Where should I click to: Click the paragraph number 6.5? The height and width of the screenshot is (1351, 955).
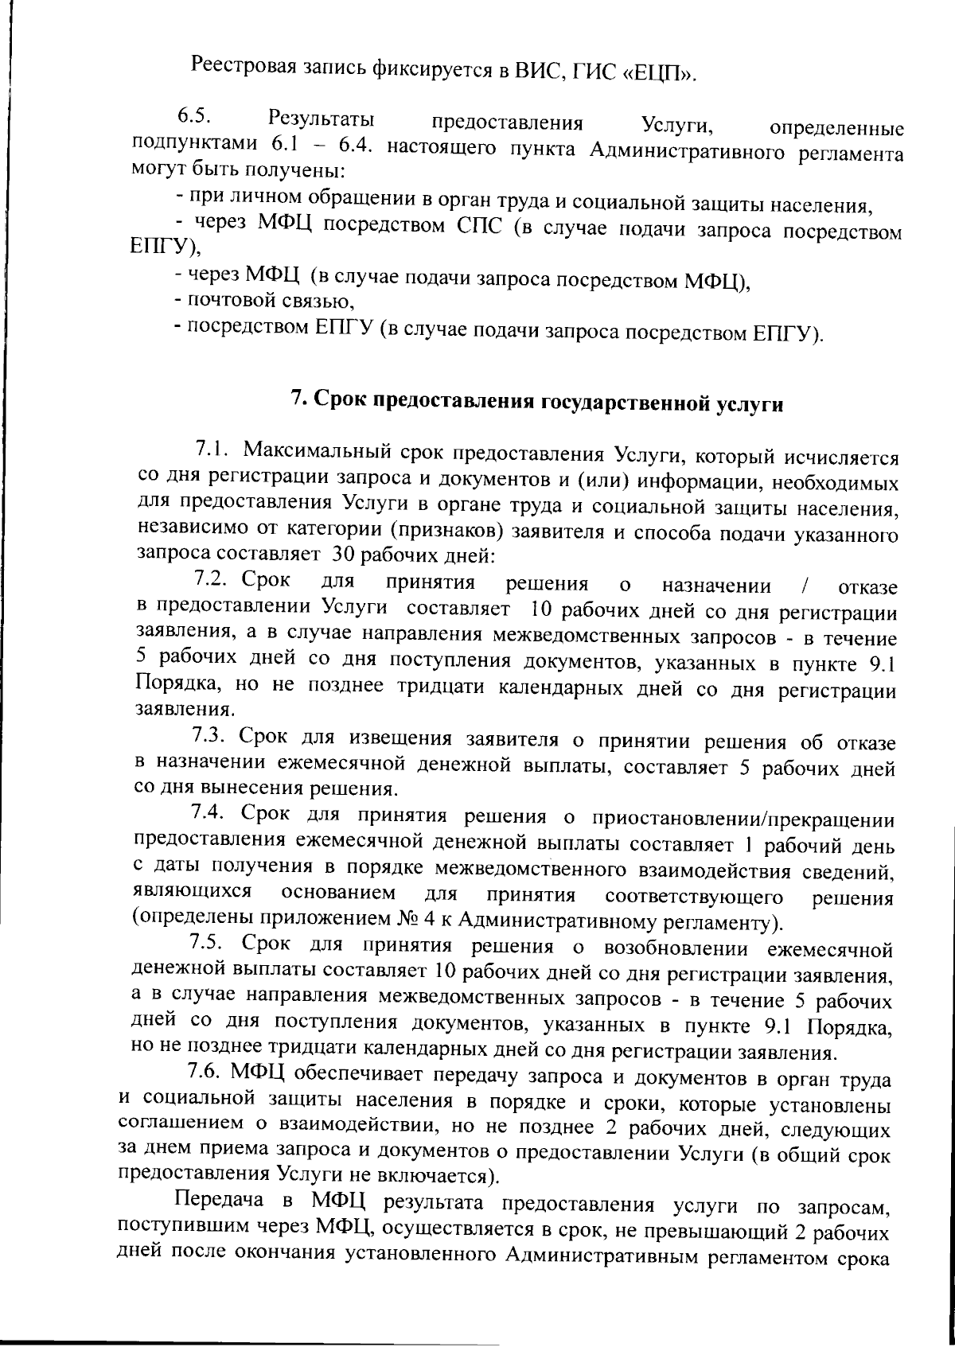[x=193, y=117]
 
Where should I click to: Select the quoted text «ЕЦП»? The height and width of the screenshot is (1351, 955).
[x=660, y=74]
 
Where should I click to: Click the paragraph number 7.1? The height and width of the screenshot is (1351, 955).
[x=212, y=450]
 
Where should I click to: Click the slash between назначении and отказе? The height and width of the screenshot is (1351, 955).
[x=806, y=587]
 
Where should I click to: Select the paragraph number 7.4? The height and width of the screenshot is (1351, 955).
[x=208, y=813]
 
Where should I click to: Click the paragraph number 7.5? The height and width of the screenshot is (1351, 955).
[x=206, y=944]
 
